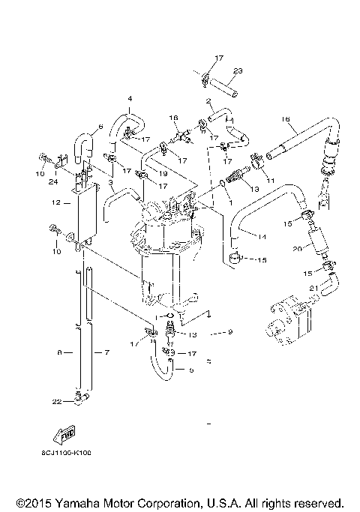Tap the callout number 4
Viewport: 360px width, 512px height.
pyautogui.click(x=129, y=99)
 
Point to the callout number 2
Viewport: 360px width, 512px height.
pyautogui.click(x=208, y=100)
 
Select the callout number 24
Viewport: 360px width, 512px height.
pyautogui.click(x=55, y=180)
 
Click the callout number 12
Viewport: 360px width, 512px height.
pyautogui.click(x=55, y=202)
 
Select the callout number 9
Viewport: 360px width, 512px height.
pyautogui.click(x=231, y=331)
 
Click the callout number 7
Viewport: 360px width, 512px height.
pyautogui.click(x=106, y=352)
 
